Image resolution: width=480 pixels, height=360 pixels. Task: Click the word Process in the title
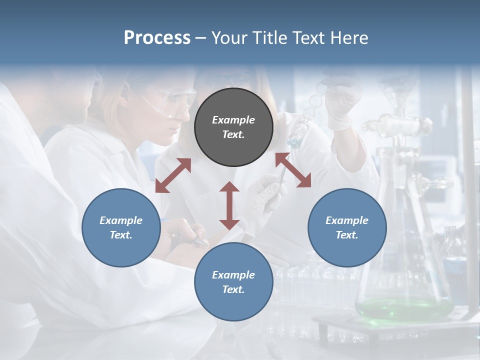pos(157,38)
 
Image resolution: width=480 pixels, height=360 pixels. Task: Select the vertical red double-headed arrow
pos(229,205)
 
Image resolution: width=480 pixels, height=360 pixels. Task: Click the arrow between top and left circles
pos(173,175)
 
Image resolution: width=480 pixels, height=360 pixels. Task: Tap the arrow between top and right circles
pos(293,170)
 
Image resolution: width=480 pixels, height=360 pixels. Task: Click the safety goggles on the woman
pos(172,100)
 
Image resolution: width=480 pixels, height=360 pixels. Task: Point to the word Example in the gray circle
pos(233,120)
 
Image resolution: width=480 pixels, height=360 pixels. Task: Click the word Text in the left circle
pos(121,235)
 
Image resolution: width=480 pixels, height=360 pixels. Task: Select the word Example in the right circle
pos(347,220)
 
